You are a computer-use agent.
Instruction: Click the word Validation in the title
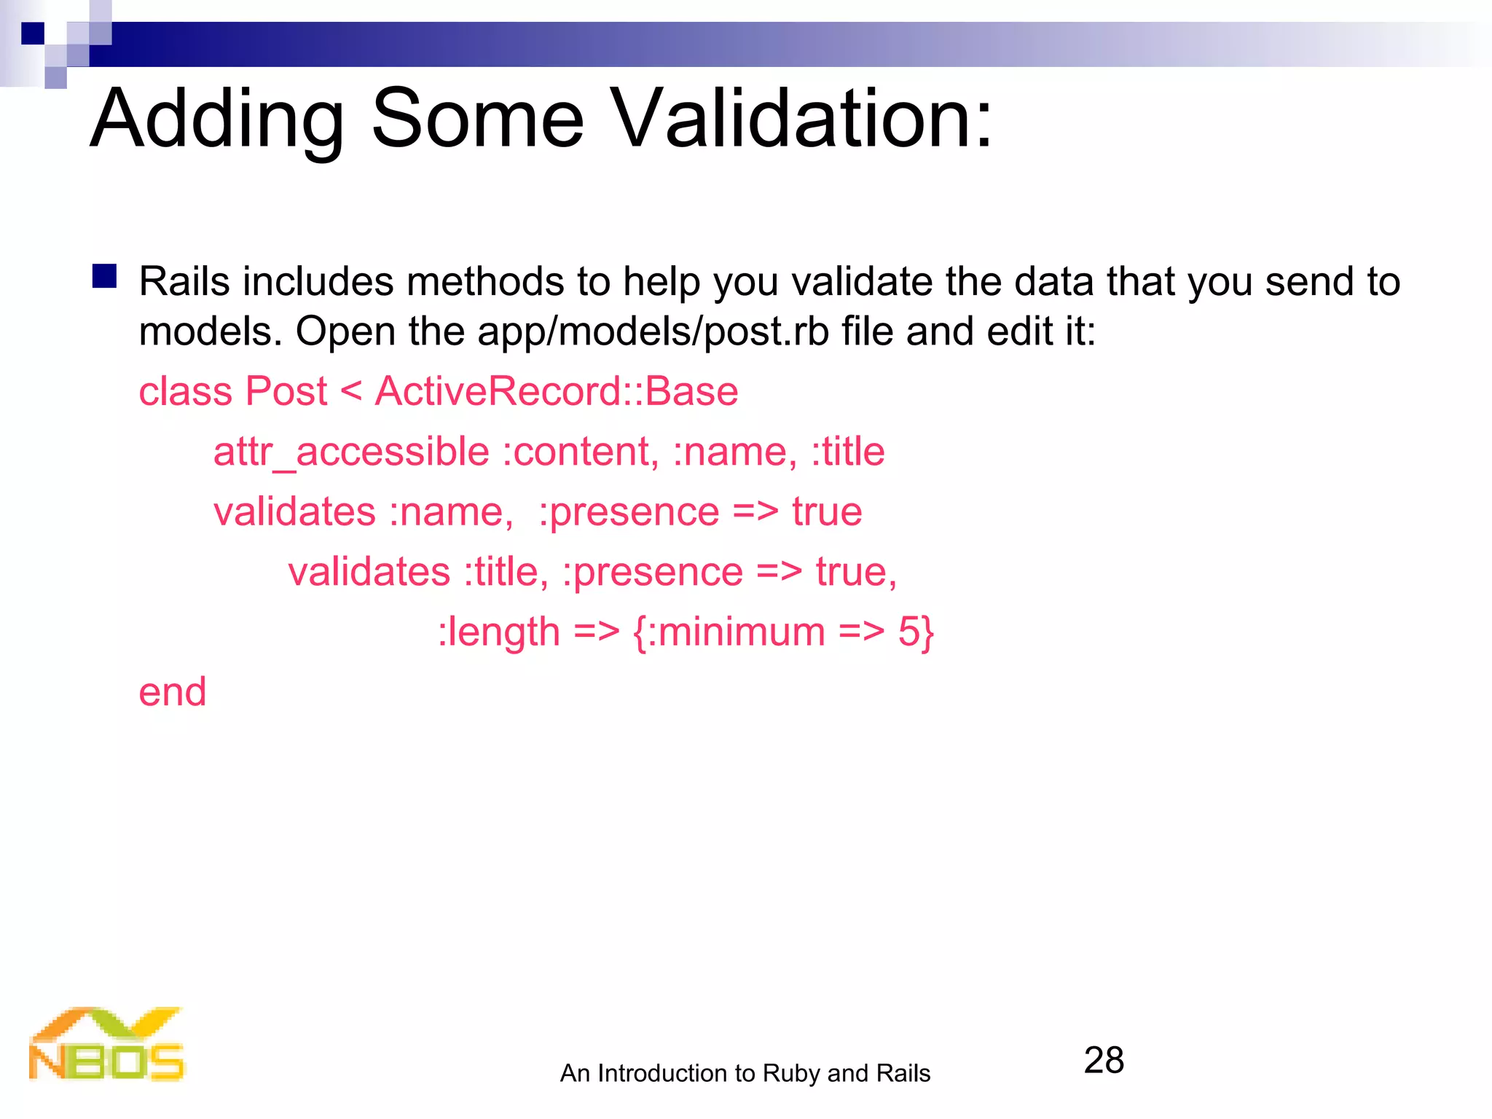pos(801,118)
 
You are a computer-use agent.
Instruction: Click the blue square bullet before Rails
pos(105,277)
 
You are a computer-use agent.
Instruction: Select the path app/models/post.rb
pos(653,331)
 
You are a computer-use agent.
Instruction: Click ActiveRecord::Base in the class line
pos(557,391)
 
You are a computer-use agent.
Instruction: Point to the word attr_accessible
pos(351,452)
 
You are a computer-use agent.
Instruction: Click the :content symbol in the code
pos(581,452)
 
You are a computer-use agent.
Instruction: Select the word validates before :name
pos(294,511)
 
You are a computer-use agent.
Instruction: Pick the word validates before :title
pos(369,572)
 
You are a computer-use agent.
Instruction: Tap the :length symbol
pos(499,632)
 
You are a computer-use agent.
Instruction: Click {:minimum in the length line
pos(729,632)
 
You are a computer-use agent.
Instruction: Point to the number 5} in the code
pos(916,632)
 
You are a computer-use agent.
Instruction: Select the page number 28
pos(1104,1060)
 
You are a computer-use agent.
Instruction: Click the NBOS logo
pos(106,1045)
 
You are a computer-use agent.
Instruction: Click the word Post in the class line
pos(286,391)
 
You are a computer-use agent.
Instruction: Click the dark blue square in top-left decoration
pos(33,34)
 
